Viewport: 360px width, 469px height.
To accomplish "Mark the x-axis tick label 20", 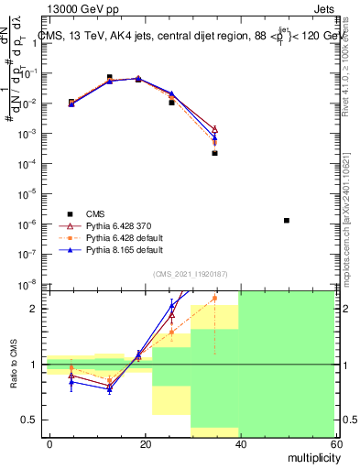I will coord(145,443).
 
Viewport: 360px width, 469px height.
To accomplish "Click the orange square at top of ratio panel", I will coord(214,298).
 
